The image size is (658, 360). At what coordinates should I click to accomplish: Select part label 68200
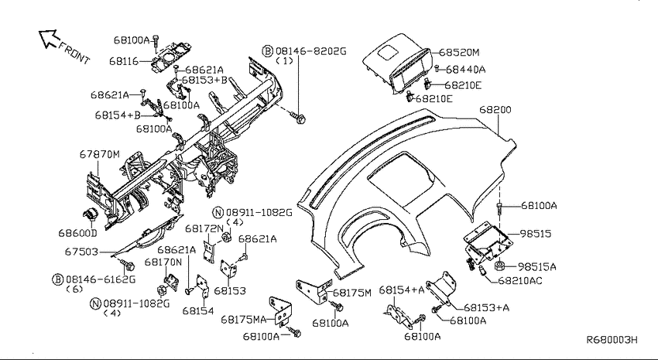pyautogui.click(x=495, y=110)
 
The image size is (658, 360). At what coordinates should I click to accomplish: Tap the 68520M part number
pyautogui.click(x=459, y=53)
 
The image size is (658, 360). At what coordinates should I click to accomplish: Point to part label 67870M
pyautogui.click(x=99, y=154)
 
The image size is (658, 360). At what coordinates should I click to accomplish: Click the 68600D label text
pyautogui.click(x=77, y=232)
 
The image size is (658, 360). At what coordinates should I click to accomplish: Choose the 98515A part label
pyautogui.click(x=536, y=266)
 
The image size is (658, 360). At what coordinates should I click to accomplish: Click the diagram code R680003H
pyautogui.click(x=612, y=339)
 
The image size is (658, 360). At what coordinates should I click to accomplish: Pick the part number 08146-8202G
pyautogui.click(x=311, y=51)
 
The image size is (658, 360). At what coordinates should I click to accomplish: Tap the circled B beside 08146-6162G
pyautogui.click(x=57, y=279)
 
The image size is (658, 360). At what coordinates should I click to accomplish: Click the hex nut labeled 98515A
pyautogui.click(x=499, y=266)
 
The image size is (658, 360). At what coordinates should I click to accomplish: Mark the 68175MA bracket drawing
pyautogui.click(x=280, y=311)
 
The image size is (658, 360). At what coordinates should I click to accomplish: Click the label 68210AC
pyautogui.click(x=520, y=280)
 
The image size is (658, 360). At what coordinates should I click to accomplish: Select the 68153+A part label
pyautogui.click(x=486, y=307)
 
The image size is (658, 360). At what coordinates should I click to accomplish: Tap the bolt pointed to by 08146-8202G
pyautogui.click(x=300, y=118)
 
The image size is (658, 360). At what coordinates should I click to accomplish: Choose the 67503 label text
pyautogui.click(x=81, y=252)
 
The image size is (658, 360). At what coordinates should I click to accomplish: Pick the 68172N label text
pyautogui.click(x=204, y=228)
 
